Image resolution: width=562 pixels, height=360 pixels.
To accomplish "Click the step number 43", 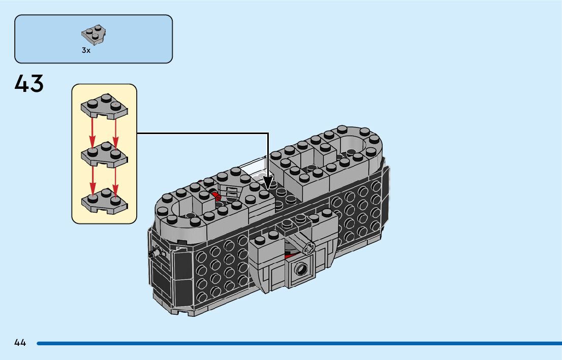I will (29, 84).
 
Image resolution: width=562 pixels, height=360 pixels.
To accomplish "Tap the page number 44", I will (20, 343).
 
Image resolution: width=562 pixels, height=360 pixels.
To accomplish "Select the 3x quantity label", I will (86, 51).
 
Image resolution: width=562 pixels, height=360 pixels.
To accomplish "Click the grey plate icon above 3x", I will (93, 35).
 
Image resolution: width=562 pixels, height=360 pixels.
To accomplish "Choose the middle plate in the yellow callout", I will (104, 154).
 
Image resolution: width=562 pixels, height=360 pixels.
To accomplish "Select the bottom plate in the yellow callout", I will (104, 200).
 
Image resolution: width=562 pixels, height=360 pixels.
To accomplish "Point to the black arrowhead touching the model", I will (268, 183).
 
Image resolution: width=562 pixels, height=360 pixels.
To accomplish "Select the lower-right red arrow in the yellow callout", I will (115, 178).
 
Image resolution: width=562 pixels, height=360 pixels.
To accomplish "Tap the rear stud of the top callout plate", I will (107, 96).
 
